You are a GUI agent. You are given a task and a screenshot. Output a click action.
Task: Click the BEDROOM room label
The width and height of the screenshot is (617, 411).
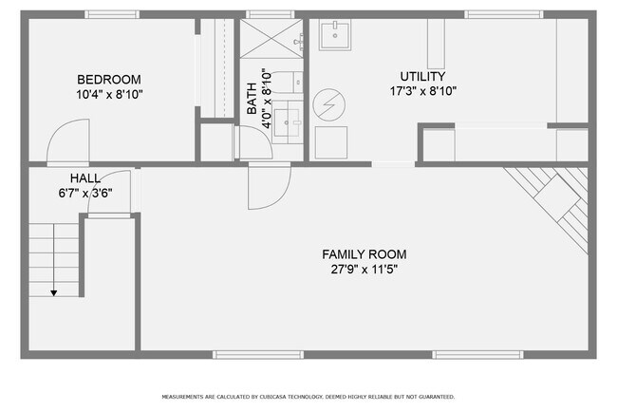(109, 80)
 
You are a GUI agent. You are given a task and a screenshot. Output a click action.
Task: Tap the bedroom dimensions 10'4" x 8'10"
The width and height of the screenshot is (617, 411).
(109, 94)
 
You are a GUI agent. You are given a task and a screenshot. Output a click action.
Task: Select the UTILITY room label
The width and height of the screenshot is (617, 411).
(423, 76)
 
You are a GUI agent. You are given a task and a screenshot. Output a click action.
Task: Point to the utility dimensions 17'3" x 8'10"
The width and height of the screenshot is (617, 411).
(423, 91)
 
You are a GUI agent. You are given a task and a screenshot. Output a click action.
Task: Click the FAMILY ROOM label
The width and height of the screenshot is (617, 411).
(365, 254)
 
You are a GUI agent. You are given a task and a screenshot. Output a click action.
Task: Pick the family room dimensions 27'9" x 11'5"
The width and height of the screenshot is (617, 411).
(364, 270)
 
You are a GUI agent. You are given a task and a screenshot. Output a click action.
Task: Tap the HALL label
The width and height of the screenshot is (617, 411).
(85, 178)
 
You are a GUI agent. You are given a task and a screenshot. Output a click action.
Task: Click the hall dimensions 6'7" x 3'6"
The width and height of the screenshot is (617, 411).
(85, 193)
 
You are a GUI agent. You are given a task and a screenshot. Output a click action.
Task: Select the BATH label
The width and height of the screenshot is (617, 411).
(252, 99)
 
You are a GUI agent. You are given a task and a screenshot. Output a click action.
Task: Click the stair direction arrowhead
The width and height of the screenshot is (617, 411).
(54, 293)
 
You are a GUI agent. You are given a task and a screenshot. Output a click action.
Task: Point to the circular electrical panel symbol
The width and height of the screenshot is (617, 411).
(329, 105)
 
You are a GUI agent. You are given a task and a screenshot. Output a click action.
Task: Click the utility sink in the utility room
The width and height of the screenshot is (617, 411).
(335, 35)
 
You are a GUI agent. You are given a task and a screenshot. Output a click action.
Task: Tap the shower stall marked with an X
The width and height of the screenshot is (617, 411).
(271, 39)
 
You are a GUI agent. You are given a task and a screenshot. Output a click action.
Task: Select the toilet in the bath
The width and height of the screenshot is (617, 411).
(286, 83)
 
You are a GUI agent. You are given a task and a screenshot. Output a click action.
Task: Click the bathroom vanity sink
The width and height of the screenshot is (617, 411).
(288, 122)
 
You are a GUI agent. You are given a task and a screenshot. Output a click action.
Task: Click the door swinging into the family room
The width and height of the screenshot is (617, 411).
(270, 187)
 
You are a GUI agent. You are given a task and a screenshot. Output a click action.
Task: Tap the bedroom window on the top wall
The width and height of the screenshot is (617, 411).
(112, 14)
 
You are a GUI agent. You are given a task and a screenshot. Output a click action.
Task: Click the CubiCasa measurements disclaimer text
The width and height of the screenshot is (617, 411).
(308, 397)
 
